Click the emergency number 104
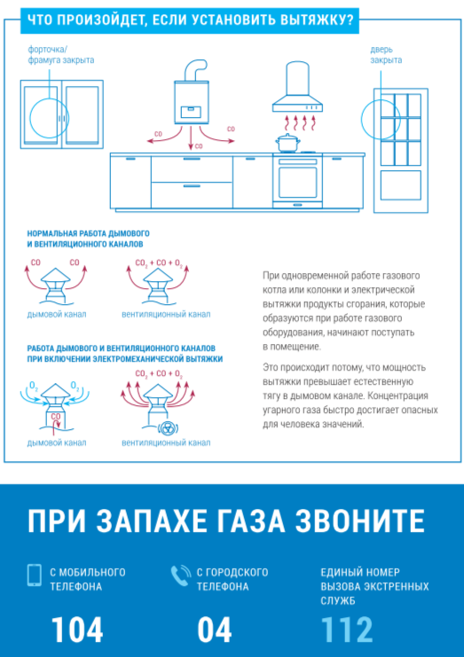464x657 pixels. click(76, 630)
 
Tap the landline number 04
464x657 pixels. click(215, 630)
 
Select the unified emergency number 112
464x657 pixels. click(346, 630)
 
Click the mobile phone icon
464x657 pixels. click(35, 575)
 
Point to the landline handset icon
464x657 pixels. click(181, 575)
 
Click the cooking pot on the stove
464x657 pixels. click(287, 143)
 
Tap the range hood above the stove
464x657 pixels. click(298, 87)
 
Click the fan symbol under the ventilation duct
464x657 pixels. click(169, 428)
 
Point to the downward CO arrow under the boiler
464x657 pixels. click(191, 137)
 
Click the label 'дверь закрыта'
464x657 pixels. click(386, 55)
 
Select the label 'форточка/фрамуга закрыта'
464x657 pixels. click(61, 54)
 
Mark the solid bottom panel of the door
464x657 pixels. click(401, 185)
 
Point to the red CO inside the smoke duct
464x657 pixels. click(56, 417)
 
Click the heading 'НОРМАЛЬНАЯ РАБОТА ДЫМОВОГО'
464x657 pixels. click(88, 233)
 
